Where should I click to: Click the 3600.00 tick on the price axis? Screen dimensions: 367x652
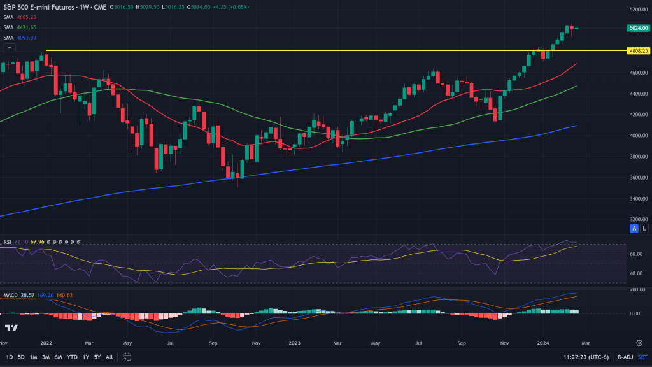639,177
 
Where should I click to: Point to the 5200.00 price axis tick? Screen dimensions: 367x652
639,10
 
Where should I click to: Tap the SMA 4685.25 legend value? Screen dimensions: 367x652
26,18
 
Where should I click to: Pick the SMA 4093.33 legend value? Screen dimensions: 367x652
26,38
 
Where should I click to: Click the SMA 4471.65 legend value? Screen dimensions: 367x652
26,27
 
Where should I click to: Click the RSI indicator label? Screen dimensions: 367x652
8,242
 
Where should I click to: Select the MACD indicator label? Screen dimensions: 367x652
10,295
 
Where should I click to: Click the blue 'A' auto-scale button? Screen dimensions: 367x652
634,227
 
